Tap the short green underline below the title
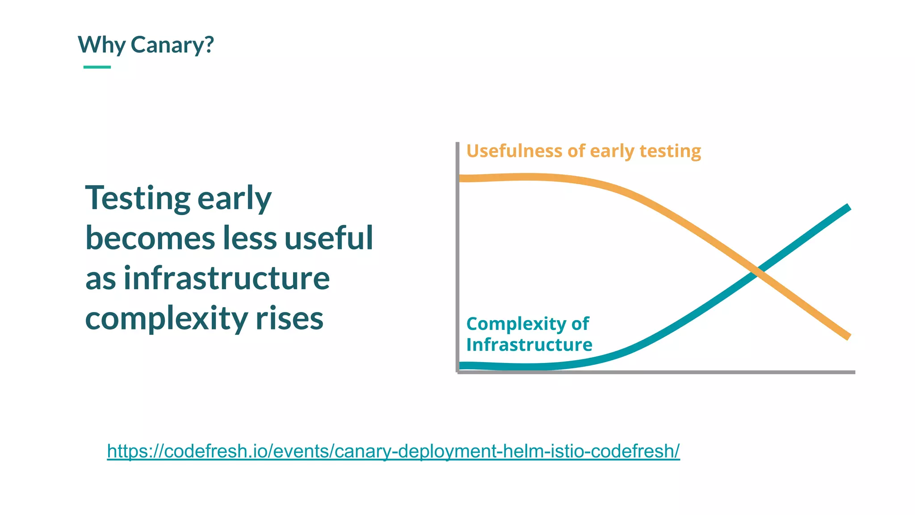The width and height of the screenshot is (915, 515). [97, 67]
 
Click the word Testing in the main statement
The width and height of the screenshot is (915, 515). [138, 198]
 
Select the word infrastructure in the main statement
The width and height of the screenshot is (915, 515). [227, 278]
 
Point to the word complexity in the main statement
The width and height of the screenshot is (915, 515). [166, 318]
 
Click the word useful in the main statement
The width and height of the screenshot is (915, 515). [328, 238]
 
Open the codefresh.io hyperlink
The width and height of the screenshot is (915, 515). [393, 451]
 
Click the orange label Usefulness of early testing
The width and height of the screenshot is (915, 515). [583, 151]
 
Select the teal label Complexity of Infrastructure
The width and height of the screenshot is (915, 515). [529, 334]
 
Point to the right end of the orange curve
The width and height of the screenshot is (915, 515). [848, 336]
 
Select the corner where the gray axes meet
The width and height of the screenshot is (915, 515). [457, 371]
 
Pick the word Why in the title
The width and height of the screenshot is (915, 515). [101, 45]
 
